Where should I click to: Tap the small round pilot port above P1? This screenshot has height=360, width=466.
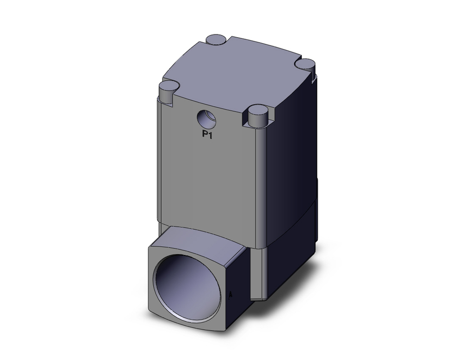pos(206,119)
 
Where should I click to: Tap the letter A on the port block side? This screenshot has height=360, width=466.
pos(232,294)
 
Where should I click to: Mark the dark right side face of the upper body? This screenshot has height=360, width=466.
pos(294,154)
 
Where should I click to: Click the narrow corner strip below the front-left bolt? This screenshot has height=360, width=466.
pos(160,163)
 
